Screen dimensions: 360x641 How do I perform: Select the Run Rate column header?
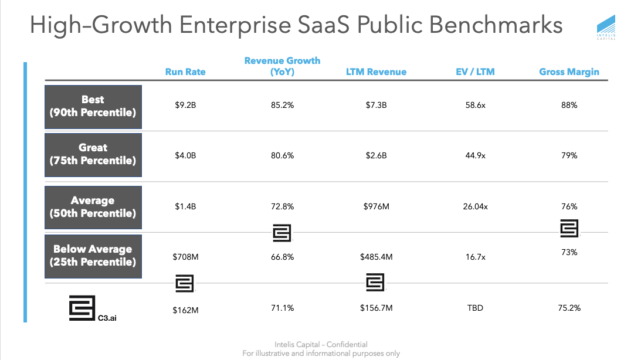point(185,72)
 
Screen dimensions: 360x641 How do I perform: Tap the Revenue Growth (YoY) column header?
point(282,66)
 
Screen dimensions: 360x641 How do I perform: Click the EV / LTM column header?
point(475,72)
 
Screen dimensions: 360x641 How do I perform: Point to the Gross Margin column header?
point(569,72)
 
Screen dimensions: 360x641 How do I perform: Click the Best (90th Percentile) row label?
point(93,106)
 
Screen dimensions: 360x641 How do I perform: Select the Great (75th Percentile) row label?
point(93,155)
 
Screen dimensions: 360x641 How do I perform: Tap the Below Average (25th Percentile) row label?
point(93,255)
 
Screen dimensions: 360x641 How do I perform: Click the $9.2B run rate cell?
point(185,106)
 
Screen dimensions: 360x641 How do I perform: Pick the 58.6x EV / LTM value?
point(475,106)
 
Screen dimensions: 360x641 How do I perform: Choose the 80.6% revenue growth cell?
point(283,156)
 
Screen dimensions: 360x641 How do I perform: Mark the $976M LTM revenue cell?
point(375,206)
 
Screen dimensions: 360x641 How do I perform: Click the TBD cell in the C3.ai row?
point(475,307)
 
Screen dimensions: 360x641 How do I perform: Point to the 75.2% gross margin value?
point(569,307)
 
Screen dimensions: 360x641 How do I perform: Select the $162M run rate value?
point(185,310)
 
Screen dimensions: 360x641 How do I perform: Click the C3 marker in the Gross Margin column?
point(569,228)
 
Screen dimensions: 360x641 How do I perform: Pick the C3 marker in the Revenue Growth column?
point(282,233)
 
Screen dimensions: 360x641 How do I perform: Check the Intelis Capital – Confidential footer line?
point(321,345)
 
